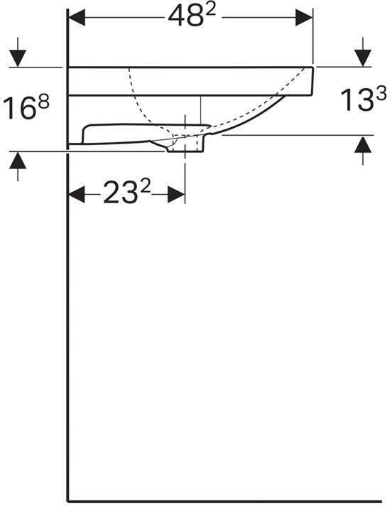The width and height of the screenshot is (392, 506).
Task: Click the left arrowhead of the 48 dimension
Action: pos(77,17)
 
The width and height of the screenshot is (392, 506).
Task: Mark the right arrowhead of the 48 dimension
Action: pos(305,17)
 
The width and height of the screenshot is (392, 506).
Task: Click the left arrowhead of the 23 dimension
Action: pos(77,194)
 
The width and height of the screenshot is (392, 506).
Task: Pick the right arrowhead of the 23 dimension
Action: pos(175,194)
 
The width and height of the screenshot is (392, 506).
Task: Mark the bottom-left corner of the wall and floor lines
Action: pos(67,500)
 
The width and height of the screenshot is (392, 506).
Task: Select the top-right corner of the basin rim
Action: pos(313,68)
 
